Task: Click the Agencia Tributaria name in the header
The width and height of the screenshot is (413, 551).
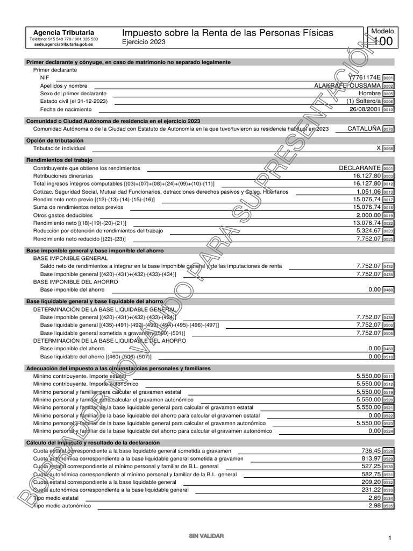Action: (x=63, y=33)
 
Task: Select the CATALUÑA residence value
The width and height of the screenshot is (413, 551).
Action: (x=364, y=129)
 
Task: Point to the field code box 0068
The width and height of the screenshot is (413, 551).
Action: (x=388, y=148)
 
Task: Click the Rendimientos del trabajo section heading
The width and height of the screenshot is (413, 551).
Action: (x=59, y=160)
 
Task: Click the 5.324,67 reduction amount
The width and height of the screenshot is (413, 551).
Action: (x=368, y=230)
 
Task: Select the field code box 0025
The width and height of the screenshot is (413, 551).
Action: (x=388, y=239)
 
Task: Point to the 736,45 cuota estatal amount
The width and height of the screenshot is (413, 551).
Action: (x=371, y=450)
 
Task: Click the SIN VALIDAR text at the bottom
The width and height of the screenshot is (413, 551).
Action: (x=206, y=536)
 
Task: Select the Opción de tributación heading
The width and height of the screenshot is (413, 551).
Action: (x=55, y=140)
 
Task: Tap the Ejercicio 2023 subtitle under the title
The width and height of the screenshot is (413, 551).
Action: (x=144, y=42)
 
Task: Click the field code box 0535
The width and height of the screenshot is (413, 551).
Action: (x=388, y=506)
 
